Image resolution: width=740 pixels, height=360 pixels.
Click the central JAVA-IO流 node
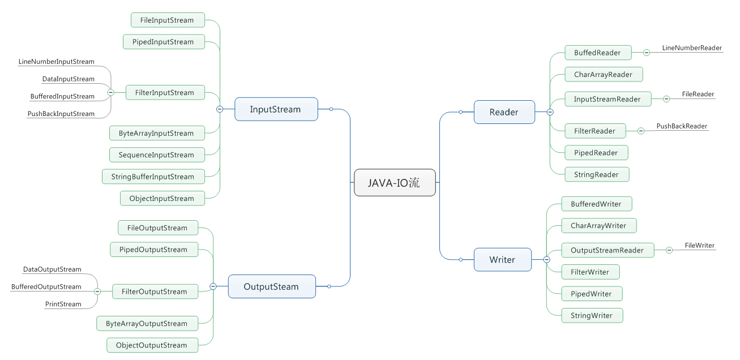pos(395,183)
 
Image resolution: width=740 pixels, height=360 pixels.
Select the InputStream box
pos(276,109)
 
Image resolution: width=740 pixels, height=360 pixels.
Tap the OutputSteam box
pos(271,286)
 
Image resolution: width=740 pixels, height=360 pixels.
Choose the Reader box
pos(504,112)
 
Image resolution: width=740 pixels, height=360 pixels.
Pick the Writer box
pos(502,260)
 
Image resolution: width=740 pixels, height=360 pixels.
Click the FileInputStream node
pos(167,20)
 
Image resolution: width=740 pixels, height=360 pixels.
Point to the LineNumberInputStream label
pos(57,62)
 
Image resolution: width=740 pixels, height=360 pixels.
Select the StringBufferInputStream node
pos(152,177)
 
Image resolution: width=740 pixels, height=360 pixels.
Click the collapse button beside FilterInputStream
pos(111,92)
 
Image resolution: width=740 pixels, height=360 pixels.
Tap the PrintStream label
pos(63,304)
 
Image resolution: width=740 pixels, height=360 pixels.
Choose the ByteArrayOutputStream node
pos(147,324)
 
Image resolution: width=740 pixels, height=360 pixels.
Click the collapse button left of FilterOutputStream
pos(97,291)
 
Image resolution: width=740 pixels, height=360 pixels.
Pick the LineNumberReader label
pos(692,48)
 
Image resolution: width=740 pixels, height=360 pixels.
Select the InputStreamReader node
pos(608,99)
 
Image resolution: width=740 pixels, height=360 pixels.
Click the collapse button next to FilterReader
pos(641,131)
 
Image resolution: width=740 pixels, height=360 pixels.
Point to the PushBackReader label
pos(682,126)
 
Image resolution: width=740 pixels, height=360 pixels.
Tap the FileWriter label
pos(700,246)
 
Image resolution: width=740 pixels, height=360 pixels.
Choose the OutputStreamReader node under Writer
pos(607,250)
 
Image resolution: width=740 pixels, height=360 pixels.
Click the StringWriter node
pos(592,315)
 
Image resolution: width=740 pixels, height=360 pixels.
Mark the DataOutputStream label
pos(52,269)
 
